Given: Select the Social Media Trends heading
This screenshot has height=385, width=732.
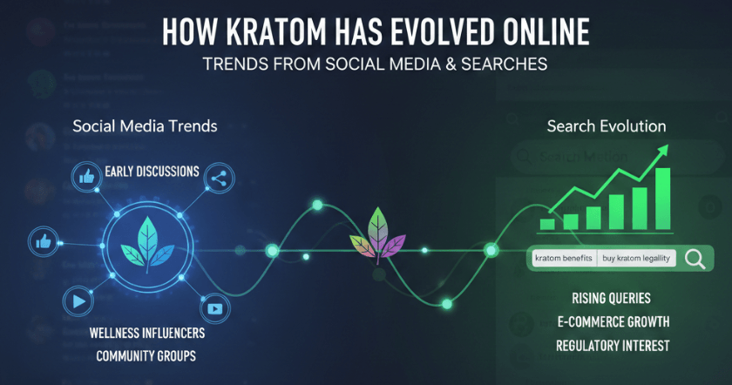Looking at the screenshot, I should (x=145, y=126).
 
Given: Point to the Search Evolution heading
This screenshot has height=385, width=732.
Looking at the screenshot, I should (x=607, y=126).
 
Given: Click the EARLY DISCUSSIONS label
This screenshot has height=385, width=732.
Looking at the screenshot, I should (x=152, y=171).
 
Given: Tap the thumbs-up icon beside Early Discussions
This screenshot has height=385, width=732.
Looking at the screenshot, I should (x=86, y=177).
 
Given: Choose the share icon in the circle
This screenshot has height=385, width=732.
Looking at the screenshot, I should (x=217, y=179).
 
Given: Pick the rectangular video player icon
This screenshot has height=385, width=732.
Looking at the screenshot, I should (x=213, y=308).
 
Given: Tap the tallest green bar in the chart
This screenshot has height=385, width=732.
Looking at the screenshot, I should (x=662, y=197).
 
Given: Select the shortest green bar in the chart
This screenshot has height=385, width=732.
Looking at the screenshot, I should (x=547, y=224).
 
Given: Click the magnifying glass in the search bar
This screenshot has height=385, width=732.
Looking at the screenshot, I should (x=695, y=259).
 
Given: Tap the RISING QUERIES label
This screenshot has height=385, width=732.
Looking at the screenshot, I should (x=612, y=299).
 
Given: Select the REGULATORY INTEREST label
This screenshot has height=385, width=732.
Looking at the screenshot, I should (x=613, y=346).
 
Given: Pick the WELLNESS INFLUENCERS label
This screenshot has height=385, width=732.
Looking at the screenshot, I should (x=146, y=333).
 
